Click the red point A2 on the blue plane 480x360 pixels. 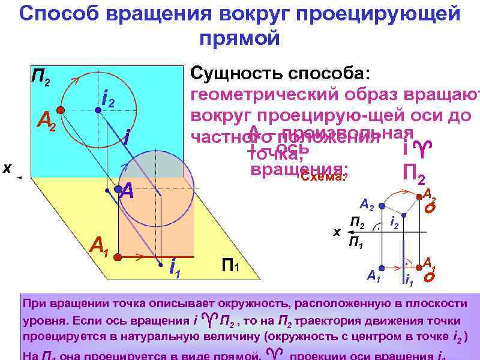[61, 110]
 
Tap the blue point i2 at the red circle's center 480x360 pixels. [97, 110]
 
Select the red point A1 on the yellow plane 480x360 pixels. [118, 256]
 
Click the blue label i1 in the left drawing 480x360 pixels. [175, 268]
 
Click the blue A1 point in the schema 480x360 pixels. [383, 264]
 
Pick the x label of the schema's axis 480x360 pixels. [337, 232]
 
